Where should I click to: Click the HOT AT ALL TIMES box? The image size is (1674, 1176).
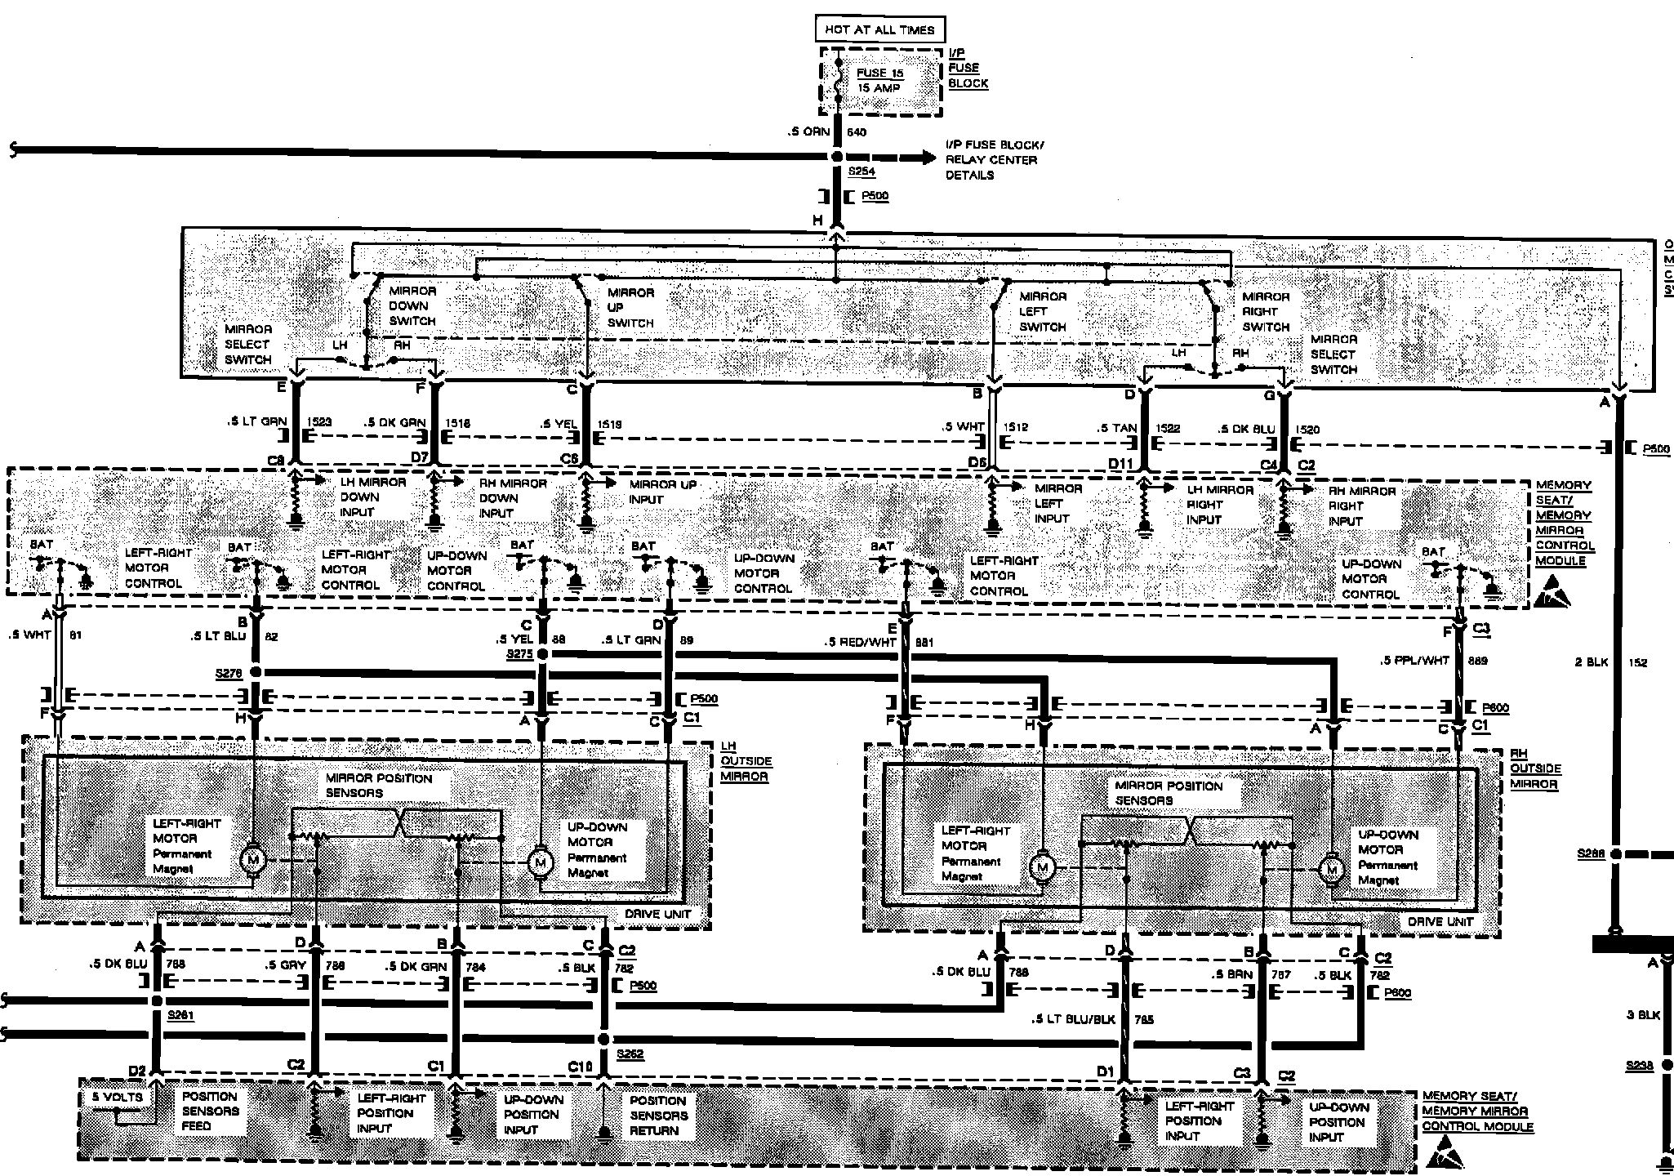tap(879, 30)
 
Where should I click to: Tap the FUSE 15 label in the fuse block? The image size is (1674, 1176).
tap(879, 73)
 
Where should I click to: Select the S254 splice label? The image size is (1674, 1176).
tap(861, 172)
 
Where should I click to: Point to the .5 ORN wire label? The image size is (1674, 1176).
tap(809, 132)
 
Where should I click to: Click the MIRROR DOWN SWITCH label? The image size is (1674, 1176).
tap(412, 306)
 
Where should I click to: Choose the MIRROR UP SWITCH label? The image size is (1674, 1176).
tap(630, 308)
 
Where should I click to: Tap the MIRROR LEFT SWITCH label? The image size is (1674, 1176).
tap(1043, 312)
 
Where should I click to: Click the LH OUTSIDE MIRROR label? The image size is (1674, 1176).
tap(746, 761)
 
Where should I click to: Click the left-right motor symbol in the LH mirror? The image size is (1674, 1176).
tap(252, 858)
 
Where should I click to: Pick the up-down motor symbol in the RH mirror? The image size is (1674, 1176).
tap(1332, 870)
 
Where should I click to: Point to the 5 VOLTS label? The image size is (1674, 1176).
tap(118, 1098)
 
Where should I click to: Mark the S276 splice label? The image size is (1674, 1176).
tap(229, 672)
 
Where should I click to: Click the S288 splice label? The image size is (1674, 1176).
tap(1591, 853)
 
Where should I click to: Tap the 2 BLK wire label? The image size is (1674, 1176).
tap(1591, 662)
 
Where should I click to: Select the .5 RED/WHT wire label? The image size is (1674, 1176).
tap(860, 643)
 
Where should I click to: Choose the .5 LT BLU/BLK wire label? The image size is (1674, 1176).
tap(1073, 1019)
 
